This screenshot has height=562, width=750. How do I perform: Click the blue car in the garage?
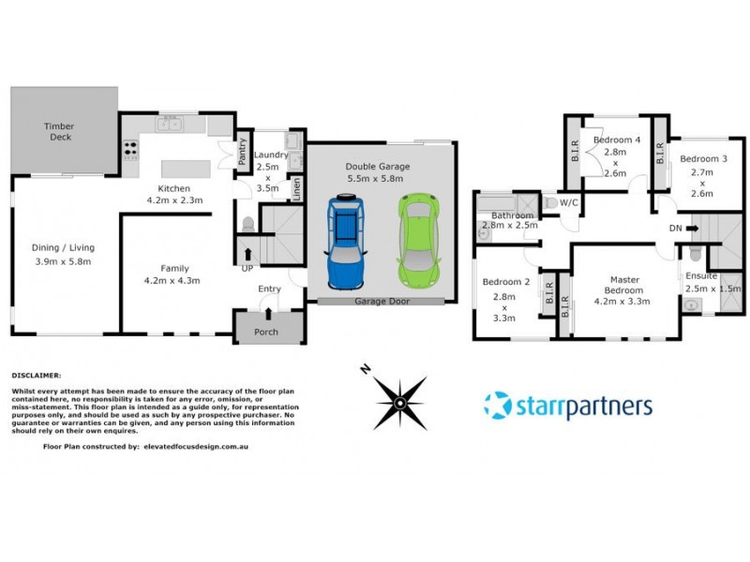pos(346,242)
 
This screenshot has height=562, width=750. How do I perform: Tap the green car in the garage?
pos(417,239)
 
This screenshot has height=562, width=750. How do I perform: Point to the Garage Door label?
pos(379,301)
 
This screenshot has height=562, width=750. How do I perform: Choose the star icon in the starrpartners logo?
pos(498,406)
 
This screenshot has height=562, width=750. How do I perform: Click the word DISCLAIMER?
pos(36,373)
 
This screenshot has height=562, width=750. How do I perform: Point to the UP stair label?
pos(247,268)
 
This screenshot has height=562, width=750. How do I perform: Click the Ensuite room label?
pos(700,276)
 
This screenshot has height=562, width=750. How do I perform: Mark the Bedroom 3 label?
pos(703,158)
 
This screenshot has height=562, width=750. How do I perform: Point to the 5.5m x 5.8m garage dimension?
pos(378,178)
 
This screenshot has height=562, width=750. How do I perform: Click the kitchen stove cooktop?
pos(129,149)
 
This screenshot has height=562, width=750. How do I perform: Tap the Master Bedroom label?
pos(624,285)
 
